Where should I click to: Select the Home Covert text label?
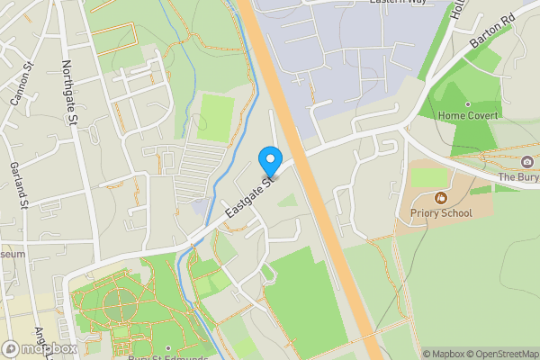click(x=468, y=116)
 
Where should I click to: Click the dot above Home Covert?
click(x=468, y=104)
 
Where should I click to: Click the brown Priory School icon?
click(x=441, y=198)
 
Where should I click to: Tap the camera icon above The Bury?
click(x=526, y=162)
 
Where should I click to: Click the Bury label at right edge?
click(x=519, y=177)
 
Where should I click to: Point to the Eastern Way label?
click(x=397, y=3)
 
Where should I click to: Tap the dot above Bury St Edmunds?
click(x=168, y=346)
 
